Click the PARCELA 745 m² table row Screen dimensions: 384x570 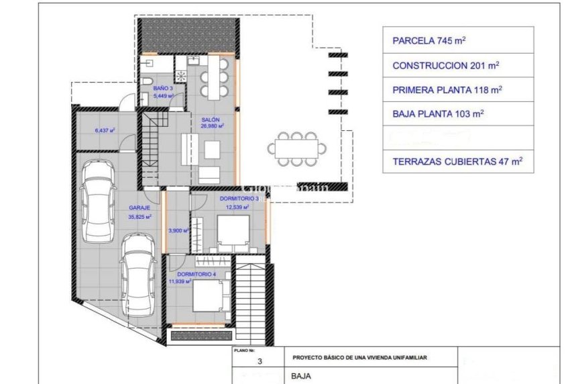point(458,40)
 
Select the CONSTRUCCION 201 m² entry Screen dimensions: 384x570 point(458,65)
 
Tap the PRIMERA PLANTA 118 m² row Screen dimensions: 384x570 point(458,89)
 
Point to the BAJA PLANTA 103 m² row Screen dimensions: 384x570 point(458,113)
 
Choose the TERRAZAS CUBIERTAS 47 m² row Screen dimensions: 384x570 point(458,161)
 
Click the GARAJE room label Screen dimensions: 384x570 point(139,208)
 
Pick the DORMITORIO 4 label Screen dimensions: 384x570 point(196,274)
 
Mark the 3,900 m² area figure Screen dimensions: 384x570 point(177,230)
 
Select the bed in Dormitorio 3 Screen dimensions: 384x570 point(236,234)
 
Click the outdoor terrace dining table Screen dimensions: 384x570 point(295,147)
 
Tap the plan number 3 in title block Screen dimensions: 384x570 point(260,361)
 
